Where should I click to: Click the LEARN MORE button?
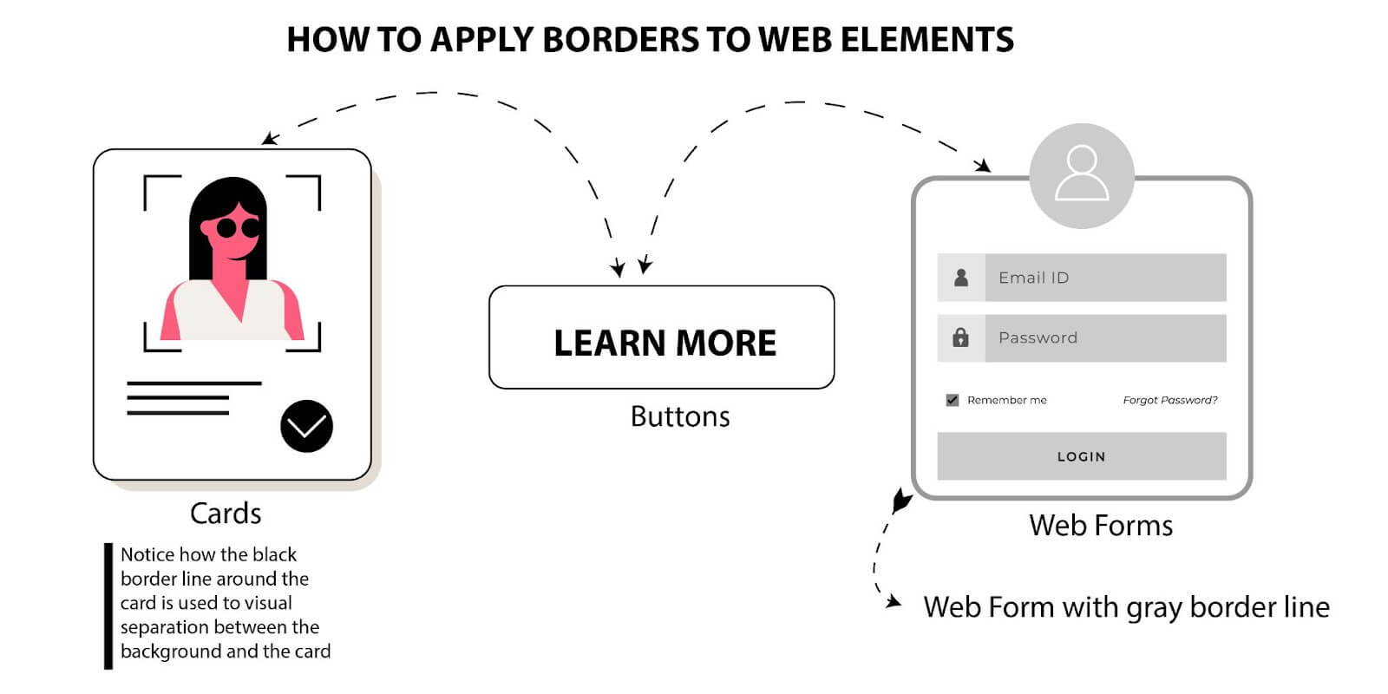[662, 338]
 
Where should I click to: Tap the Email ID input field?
[1104, 278]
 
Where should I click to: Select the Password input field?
[1104, 337]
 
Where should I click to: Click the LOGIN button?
[1081, 456]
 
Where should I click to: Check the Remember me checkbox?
[953, 400]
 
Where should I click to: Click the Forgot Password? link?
[1169, 400]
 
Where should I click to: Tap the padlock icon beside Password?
[960, 337]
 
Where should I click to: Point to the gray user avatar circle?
[1081, 176]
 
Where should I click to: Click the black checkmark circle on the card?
[306, 426]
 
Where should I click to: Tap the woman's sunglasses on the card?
[237, 228]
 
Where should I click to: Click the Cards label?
[226, 514]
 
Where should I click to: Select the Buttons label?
[679, 416]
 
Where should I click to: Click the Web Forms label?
[1100, 526]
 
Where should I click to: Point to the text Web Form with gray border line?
[1125, 607]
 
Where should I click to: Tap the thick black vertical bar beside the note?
[108, 606]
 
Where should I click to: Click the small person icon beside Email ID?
[960, 278]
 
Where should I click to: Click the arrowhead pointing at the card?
[270, 139]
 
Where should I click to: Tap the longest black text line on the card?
[193, 383]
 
